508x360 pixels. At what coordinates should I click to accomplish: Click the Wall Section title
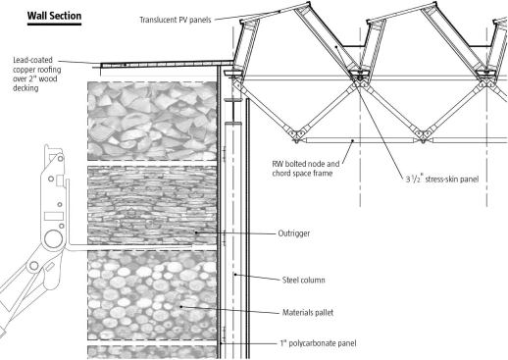coord(54,16)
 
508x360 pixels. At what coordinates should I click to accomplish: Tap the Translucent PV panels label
coord(176,20)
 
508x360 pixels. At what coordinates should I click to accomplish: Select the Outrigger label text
coord(293,233)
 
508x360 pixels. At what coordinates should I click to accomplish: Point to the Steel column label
coord(303,280)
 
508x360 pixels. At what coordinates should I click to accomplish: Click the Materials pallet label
coord(308,312)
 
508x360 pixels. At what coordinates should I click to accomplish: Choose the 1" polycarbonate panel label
coord(318,343)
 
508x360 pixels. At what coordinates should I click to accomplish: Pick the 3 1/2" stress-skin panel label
coord(442,179)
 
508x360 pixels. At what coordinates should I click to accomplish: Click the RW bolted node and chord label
coord(306,168)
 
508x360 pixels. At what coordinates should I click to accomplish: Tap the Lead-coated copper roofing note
coord(36,74)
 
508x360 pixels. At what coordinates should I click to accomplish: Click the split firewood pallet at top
coord(152,121)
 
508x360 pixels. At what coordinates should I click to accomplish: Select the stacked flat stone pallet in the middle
coord(152,205)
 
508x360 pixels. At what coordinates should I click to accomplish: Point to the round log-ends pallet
coord(152,295)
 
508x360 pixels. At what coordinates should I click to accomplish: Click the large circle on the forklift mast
coord(53,239)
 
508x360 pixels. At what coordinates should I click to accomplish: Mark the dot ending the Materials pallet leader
coord(181,307)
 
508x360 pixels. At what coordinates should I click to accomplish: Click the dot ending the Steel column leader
coord(235,275)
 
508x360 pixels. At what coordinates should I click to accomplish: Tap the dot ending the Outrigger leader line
coord(196,232)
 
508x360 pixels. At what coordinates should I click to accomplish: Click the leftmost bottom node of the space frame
coord(297,136)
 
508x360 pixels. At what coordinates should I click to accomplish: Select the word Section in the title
coord(67,16)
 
